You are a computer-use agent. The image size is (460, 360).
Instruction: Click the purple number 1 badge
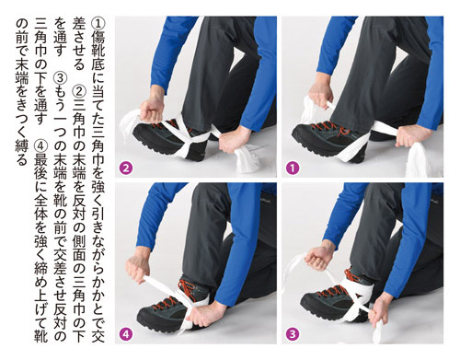tap(292, 168)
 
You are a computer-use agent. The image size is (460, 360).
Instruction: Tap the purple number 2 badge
tap(126, 168)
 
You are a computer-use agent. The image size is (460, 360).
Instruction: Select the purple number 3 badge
tap(292, 334)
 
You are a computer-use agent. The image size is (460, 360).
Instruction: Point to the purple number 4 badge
tap(126, 334)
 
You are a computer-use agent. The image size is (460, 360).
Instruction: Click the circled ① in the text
tap(98, 23)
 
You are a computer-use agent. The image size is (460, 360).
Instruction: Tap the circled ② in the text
tap(79, 91)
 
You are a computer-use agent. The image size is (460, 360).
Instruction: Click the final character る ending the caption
tap(22, 160)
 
